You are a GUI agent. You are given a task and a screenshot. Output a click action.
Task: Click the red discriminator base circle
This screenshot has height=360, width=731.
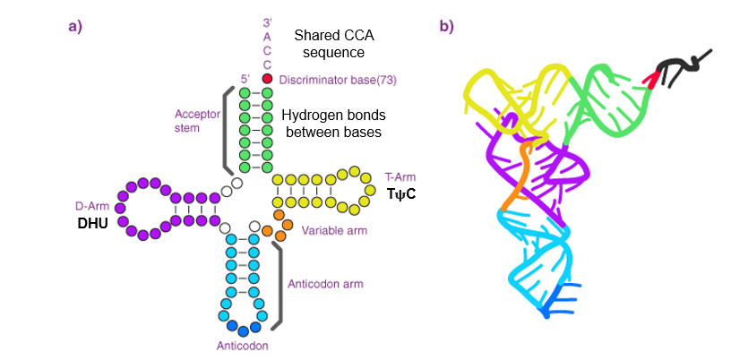(267, 79)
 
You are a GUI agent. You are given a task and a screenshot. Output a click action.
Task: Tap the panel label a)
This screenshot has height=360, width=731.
(75, 26)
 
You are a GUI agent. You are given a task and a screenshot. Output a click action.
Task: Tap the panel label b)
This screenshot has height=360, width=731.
(446, 26)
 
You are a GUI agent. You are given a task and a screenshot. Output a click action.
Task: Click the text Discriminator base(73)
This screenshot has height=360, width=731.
(337, 80)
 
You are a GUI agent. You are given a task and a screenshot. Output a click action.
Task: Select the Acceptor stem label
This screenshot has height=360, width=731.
(194, 122)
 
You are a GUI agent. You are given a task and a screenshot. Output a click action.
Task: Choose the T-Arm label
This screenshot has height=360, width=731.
(400, 177)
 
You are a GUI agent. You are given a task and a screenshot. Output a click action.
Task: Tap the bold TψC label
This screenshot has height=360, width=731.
(401, 194)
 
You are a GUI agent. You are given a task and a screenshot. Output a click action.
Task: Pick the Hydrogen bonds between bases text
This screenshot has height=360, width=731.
(331, 124)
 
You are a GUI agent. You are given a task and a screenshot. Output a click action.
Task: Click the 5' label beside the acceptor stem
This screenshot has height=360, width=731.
(243, 79)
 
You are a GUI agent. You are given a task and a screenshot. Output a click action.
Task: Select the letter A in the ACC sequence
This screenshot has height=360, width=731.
(267, 36)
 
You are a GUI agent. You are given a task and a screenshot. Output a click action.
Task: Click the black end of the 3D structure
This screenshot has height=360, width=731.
(681, 66)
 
